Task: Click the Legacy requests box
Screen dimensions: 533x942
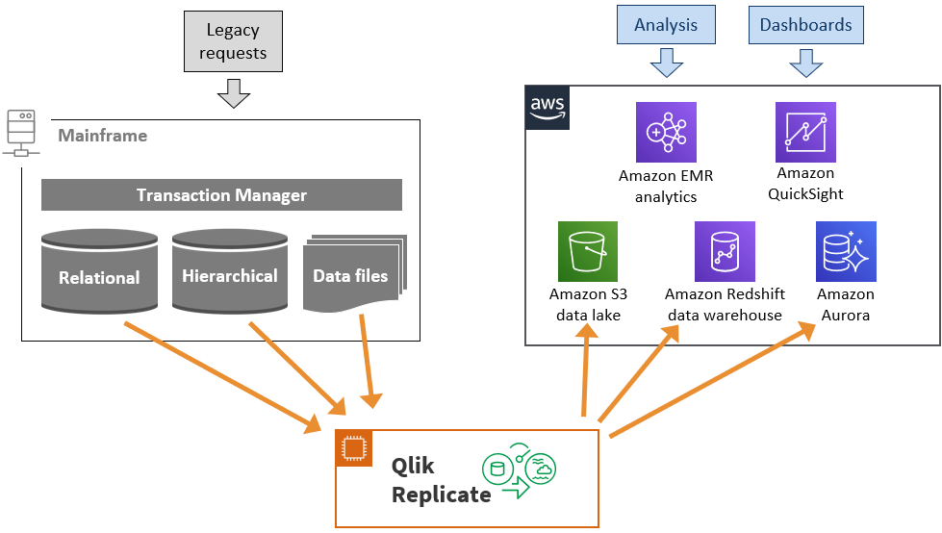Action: [234, 41]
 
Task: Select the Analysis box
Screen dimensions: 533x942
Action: [666, 25]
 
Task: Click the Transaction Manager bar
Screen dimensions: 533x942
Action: [221, 195]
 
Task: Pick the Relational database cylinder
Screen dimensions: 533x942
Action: [99, 271]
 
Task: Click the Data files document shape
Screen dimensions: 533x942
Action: [352, 273]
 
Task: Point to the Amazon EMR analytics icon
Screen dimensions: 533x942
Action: [666, 132]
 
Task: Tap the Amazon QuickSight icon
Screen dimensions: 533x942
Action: [805, 132]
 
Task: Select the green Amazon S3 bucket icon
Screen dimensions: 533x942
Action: [587, 252]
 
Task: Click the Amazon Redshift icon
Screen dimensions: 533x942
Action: [725, 252]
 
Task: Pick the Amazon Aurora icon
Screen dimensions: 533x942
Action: [846, 252]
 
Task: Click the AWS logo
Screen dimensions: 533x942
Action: [547, 107]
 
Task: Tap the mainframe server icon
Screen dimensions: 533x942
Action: [20, 132]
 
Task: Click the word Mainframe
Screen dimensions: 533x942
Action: [103, 136]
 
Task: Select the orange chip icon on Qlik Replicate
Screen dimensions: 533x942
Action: [353, 448]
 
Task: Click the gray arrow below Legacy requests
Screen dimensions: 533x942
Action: [233, 93]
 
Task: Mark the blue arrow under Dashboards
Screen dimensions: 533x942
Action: [805, 63]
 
